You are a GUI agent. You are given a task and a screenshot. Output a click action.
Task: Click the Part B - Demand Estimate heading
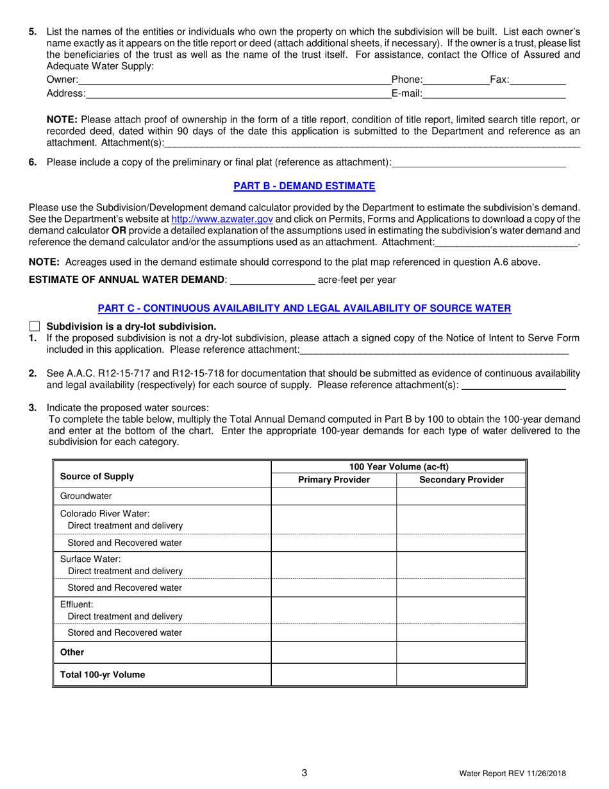pyautogui.click(x=304, y=186)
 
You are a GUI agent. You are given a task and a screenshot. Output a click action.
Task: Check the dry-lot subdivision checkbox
pyautogui.click(x=35, y=326)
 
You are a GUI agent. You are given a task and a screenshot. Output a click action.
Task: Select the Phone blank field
pyautogui.click(x=456, y=80)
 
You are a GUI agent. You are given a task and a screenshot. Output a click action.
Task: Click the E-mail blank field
pyautogui.click(x=494, y=94)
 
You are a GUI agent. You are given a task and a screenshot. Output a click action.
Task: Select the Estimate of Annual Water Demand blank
pyautogui.click(x=272, y=279)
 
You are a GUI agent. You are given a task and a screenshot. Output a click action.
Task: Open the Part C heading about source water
pyautogui.click(x=304, y=308)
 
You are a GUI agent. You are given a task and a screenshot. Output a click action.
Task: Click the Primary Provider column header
pyautogui.click(x=333, y=480)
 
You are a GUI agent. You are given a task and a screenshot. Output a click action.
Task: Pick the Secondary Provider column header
pyautogui.click(x=461, y=480)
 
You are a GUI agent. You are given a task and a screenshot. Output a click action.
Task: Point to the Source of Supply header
pyautogui.click(x=97, y=476)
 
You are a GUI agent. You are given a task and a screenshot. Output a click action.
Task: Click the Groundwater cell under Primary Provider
pyautogui.click(x=333, y=496)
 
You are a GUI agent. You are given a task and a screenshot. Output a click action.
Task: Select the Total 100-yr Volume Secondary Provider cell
pyautogui.click(x=461, y=675)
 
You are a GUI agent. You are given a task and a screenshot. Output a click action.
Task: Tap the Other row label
pyautogui.click(x=72, y=652)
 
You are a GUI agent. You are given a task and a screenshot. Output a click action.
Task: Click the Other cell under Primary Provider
pyautogui.click(x=333, y=652)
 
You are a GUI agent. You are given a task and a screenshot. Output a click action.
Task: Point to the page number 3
pyautogui.click(x=304, y=773)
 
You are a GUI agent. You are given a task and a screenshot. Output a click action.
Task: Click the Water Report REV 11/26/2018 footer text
pyautogui.click(x=512, y=774)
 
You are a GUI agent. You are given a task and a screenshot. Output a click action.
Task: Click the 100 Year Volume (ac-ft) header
pyautogui.click(x=398, y=466)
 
